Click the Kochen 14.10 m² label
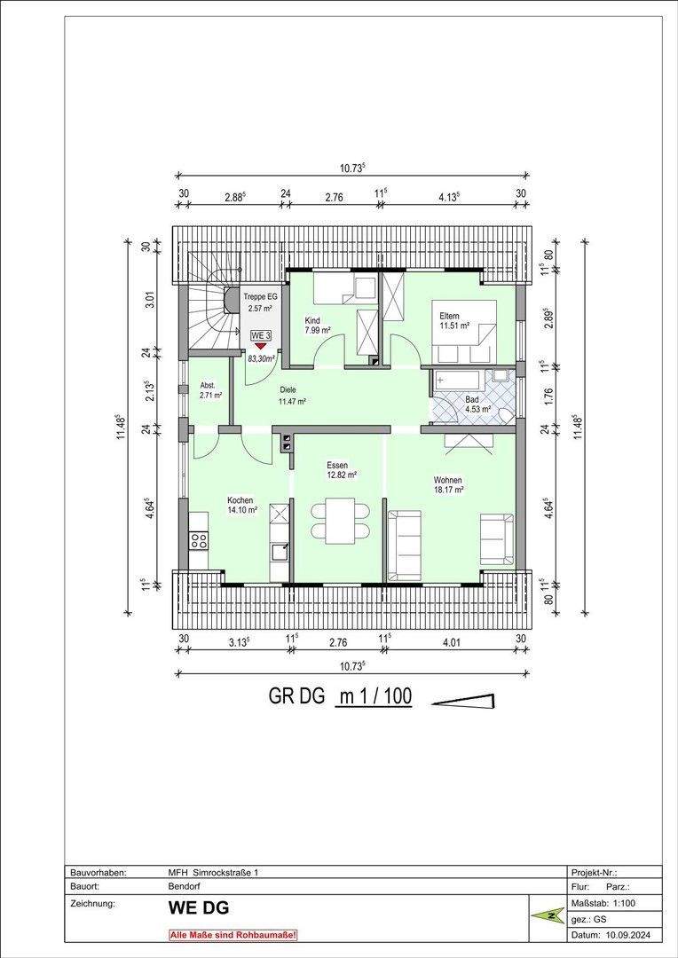click(241, 505)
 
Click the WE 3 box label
click(259, 336)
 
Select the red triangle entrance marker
click(259, 348)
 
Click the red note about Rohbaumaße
click(233, 935)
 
